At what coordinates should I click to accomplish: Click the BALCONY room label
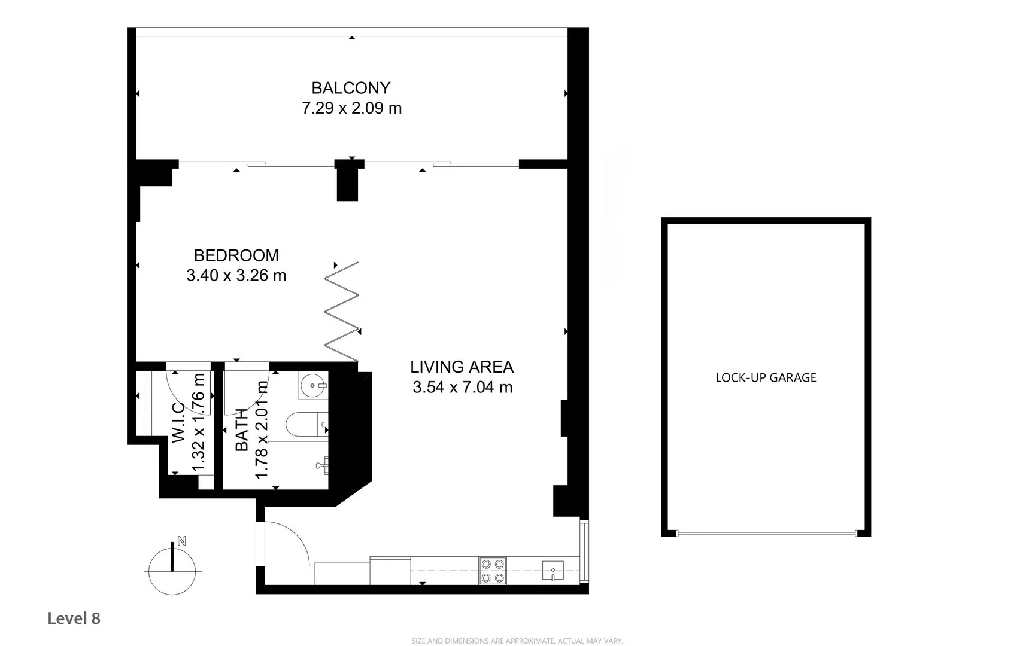pos(351,88)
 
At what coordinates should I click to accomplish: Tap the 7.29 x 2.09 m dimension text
pos(351,108)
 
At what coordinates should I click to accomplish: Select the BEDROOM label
pos(236,255)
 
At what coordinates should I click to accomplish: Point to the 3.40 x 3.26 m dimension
pos(236,276)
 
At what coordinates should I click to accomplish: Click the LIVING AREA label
pos(462,367)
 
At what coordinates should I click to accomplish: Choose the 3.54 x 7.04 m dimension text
pos(462,388)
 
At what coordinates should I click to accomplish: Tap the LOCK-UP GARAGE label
pos(766,377)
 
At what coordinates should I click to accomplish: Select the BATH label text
pos(242,429)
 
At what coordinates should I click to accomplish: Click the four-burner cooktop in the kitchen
pos(493,571)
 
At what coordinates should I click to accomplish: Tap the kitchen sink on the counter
pos(553,571)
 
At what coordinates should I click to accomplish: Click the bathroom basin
pos(313,385)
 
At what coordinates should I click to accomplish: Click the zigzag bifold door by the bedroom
pos(342,311)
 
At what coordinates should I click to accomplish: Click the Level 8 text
pos(74,618)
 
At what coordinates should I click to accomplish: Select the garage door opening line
pos(766,533)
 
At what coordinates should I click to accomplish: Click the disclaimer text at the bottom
pos(517,641)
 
